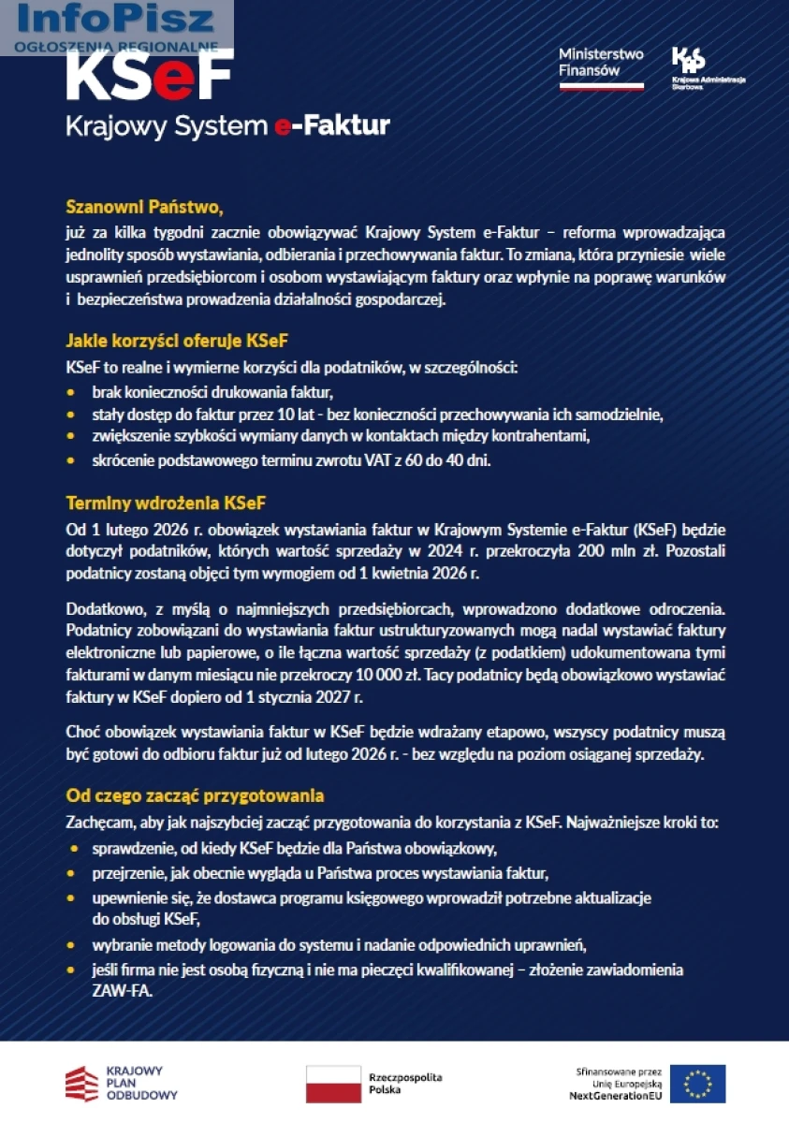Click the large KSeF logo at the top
point(150,77)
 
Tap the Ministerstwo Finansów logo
point(601,68)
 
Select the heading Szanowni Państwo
point(143,206)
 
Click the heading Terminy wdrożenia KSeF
point(167,502)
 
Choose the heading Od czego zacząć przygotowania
point(195,795)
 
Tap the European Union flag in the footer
point(697,1084)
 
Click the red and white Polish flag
point(333,1084)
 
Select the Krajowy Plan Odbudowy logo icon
point(81,1084)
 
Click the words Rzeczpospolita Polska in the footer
point(405,1084)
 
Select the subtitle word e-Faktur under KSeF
point(331,125)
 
